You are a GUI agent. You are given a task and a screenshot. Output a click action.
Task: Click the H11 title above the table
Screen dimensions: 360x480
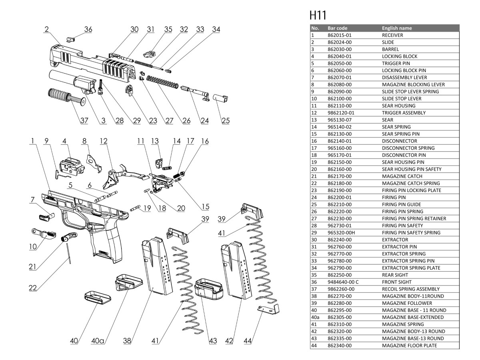pos(318,16)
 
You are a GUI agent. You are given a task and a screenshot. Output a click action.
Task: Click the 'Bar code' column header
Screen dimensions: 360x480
pos(337,28)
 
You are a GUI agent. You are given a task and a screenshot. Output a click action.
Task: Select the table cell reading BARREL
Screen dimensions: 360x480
pos(390,49)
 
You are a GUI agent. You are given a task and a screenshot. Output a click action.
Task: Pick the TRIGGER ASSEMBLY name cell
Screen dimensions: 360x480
pos(404,113)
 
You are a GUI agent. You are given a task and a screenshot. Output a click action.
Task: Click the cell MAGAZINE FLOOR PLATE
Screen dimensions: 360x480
pos(409,345)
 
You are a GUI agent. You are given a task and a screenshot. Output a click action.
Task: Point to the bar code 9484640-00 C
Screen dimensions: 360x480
pos(343,282)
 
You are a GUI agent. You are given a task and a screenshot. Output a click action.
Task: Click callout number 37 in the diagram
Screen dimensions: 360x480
pos(84,121)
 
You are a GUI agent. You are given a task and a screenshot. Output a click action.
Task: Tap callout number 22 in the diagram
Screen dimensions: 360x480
pos(34,288)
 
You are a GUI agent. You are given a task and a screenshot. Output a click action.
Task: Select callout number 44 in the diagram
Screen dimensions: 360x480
pos(248,341)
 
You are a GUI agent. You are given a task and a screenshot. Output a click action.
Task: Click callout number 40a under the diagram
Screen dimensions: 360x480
pos(98,341)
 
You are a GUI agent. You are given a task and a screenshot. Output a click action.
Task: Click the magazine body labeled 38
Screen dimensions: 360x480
pos(157,266)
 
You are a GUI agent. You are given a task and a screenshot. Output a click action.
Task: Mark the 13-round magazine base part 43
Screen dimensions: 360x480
pos(208,290)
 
